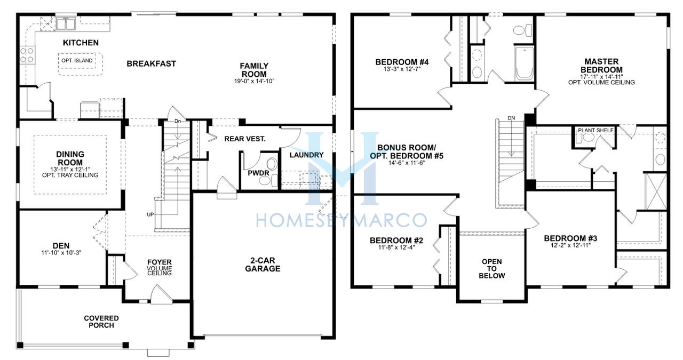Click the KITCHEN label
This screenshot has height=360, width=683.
(x=81, y=43)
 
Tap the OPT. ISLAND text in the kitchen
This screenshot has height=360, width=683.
(x=77, y=60)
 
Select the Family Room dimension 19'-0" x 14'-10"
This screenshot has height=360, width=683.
(x=255, y=81)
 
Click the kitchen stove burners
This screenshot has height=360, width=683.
(x=27, y=55)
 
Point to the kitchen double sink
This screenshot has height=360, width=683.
(x=66, y=23)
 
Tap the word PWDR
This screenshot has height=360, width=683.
(x=259, y=173)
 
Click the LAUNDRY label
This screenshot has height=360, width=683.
(x=306, y=155)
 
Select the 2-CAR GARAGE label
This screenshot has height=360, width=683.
(x=263, y=265)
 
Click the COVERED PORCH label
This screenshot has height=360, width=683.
(x=101, y=322)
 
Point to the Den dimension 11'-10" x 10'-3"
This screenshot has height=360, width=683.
(x=61, y=252)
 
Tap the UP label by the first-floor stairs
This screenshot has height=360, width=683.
(x=150, y=214)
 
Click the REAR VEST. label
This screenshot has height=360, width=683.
(x=245, y=139)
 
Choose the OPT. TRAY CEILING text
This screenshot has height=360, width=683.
(x=70, y=175)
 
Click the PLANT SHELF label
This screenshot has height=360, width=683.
(x=595, y=130)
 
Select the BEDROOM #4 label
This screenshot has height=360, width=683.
(x=402, y=62)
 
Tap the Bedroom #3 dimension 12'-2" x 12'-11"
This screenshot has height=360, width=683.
(x=570, y=245)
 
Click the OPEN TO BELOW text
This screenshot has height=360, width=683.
(x=492, y=269)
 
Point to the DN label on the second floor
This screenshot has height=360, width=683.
(x=511, y=118)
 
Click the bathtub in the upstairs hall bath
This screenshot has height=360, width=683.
(x=524, y=63)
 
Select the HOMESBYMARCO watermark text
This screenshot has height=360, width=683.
(x=341, y=220)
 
